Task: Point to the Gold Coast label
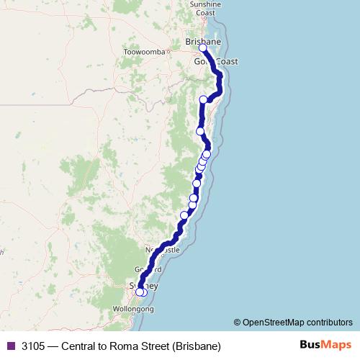coord(215,62)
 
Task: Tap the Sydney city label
coord(143,286)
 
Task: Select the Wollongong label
coord(133,309)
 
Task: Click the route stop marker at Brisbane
coord(203,48)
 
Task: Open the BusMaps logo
coord(326,346)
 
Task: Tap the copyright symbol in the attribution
coord(238,323)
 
